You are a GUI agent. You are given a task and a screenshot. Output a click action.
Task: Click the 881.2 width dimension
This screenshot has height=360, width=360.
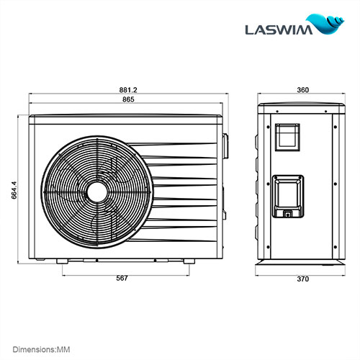coord(128,89)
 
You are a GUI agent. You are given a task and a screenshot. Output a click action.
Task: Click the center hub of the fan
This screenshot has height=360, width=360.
coord(96,191)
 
